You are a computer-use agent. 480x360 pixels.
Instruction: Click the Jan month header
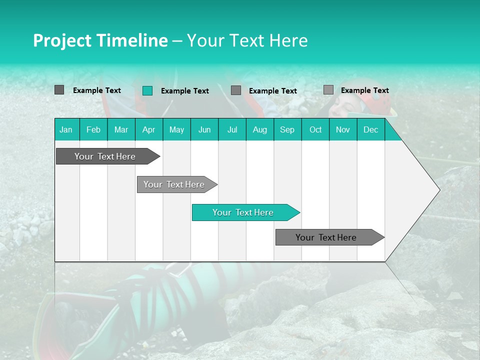click(x=66, y=129)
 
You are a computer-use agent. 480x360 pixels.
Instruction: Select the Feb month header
click(x=93, y=129)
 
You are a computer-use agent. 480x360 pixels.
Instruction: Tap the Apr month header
click(x=148, y=129)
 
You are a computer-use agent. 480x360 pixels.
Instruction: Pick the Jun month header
click(x=204, y=129)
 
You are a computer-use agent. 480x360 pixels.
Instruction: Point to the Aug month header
click(x=259, y=129)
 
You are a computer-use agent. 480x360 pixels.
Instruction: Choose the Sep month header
click(x=287, y=129)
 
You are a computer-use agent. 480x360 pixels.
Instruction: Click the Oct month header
click(x=315, y=129)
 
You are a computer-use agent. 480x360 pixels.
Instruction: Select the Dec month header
click(x=370, y=129)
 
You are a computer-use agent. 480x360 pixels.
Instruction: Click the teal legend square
click(x=147, y=90)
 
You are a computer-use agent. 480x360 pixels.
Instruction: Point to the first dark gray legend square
click(x=59, y=90)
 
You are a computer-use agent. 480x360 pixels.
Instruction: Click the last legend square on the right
click(x=328, y=90)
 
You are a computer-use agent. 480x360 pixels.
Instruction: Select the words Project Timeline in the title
click(x=100, y=40)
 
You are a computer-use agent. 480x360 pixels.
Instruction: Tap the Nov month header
click(x=343, y=129)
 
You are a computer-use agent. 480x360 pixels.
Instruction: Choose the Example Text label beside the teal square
click(x=184, y=91)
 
